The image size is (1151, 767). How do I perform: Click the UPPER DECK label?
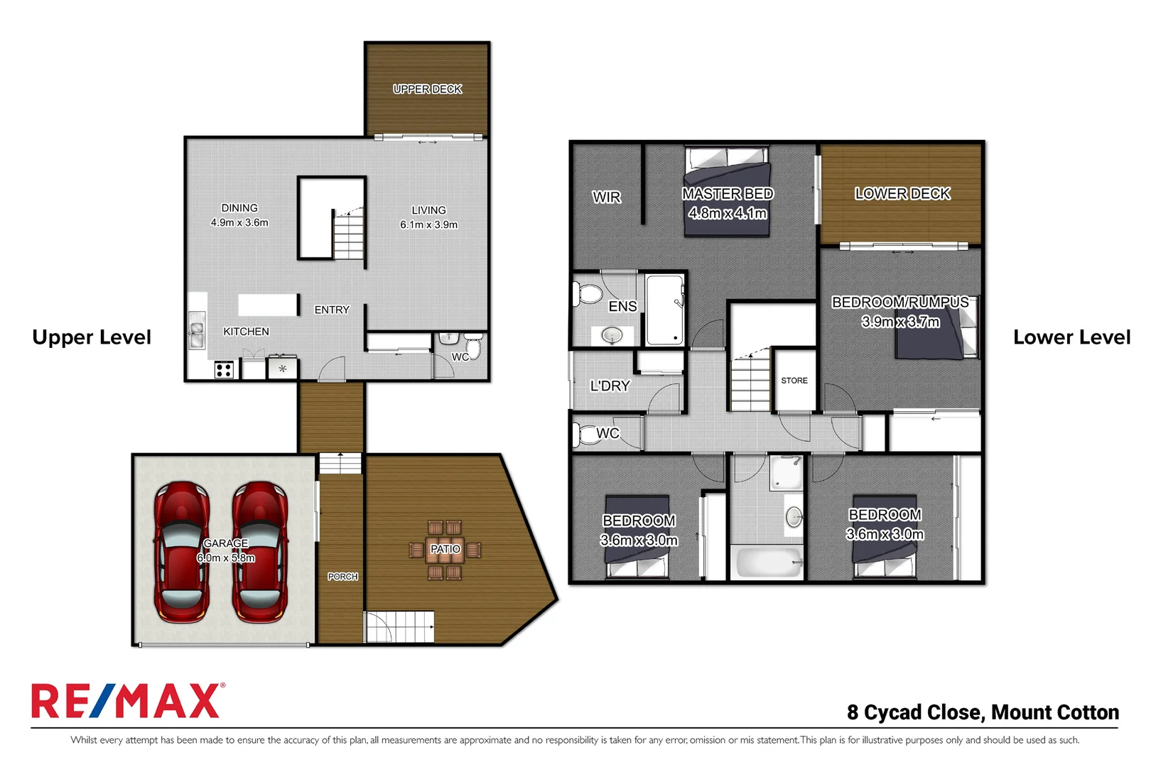(x=427, y=89)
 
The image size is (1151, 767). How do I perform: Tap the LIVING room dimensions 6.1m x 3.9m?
(x=428, y=225)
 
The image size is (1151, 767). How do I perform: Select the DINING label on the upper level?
(x=239, y=208)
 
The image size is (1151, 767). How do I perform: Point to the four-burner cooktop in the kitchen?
(x=224, y=369)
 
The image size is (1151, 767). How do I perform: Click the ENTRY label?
(x=332, y=310)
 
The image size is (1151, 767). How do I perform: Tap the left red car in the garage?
(x=182, y=552)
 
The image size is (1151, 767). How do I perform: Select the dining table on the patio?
(x=445, y=549)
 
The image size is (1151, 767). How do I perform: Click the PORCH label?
(x=342, y=577)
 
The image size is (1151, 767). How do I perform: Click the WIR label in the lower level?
(x=606, y=197)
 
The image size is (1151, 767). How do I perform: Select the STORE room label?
(x=794, y=381)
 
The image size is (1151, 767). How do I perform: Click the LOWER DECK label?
(x=902, y=194)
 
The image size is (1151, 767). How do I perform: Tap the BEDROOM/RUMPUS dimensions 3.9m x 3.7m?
(x=900, y=322)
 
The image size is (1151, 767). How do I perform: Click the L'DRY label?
(x=610, y=386)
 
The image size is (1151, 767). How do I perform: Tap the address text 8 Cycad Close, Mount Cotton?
(x=982, y=712)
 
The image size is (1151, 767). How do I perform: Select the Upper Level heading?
(x=92, y=337)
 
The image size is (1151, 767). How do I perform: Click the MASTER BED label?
(x=727, y=194)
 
